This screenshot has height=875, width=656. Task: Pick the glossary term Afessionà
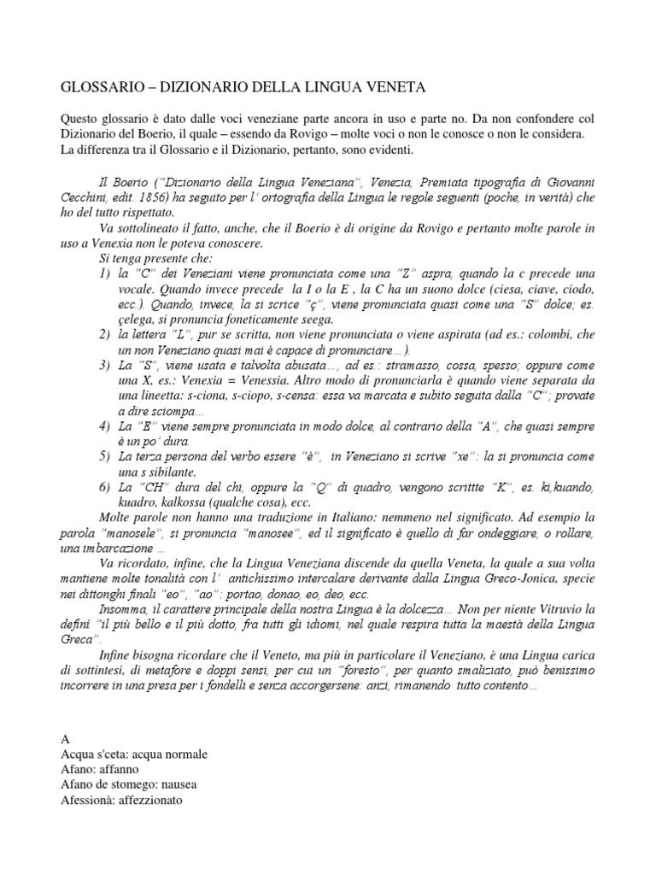[x=91, y=801]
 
